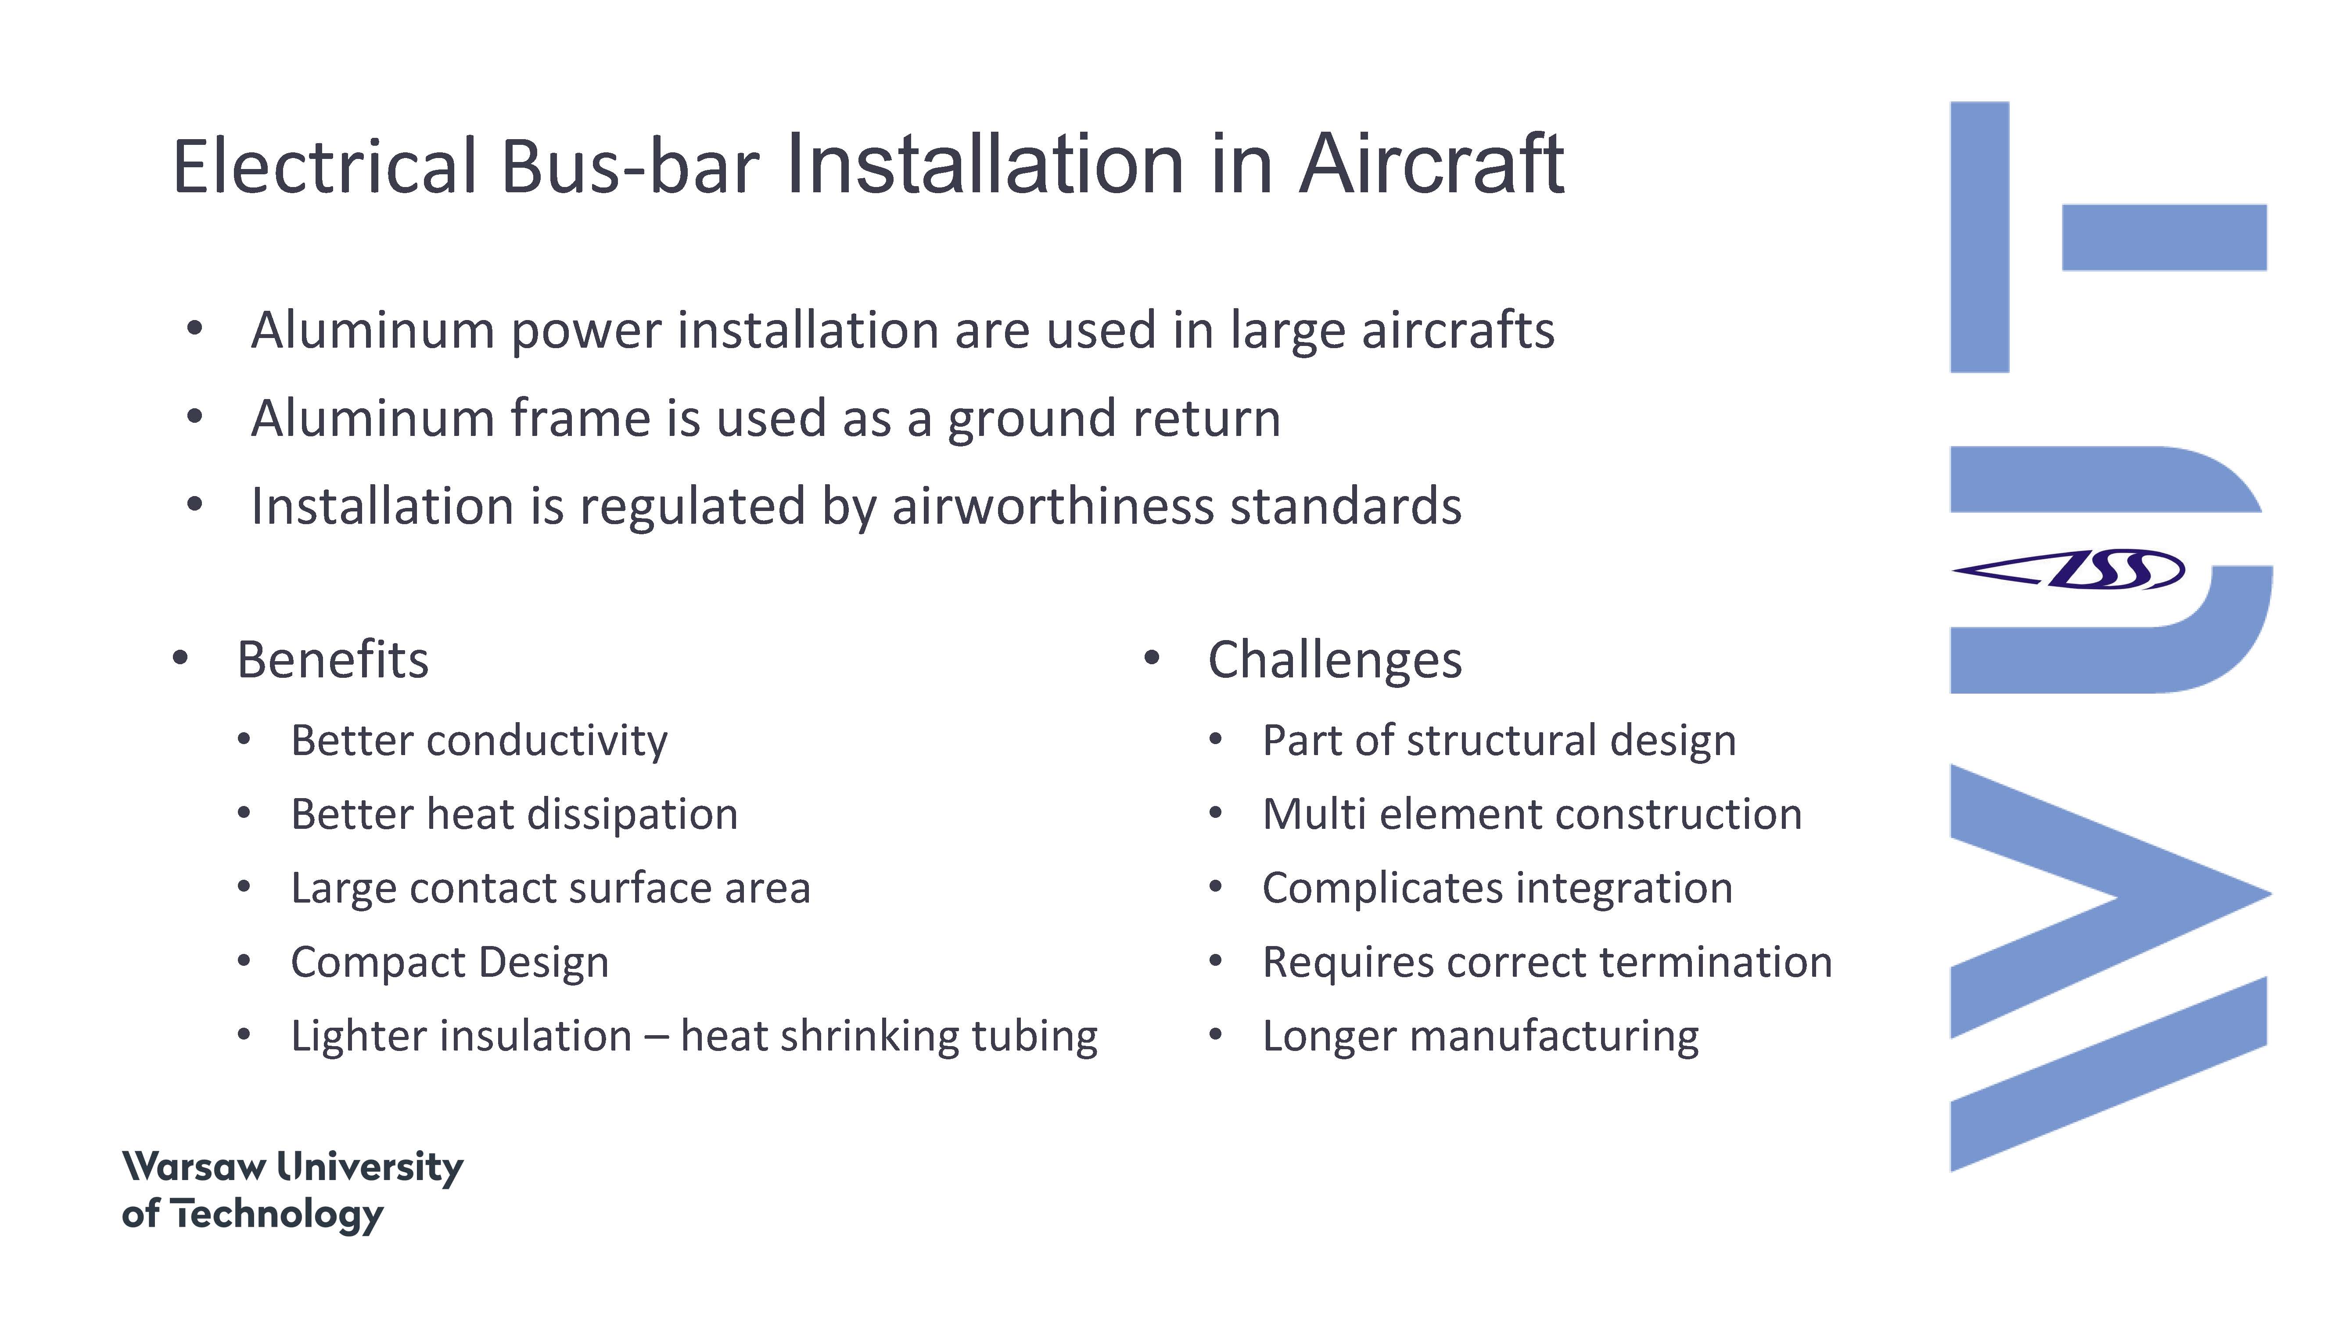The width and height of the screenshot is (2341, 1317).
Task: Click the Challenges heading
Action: click(x=1335, y=661)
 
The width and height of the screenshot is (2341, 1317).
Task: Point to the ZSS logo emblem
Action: click(x=2068, y=570)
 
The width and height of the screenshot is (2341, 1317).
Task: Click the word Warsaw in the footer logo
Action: click(x=194, y=1167)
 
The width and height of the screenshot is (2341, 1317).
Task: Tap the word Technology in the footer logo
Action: click(x=277, y=1215)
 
